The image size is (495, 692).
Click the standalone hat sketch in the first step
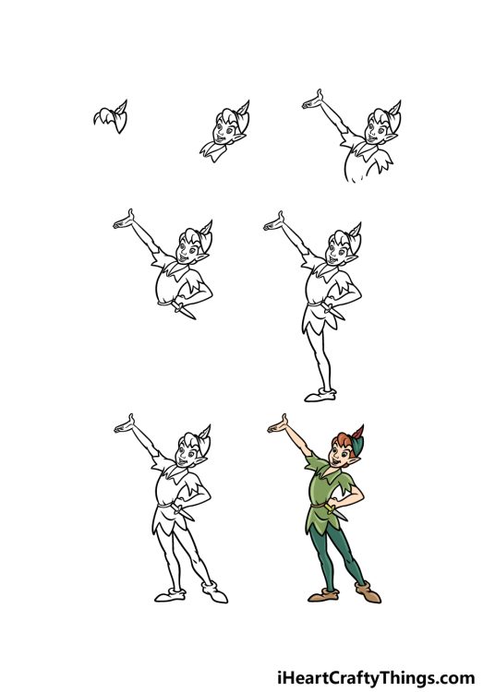click(111, 117)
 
